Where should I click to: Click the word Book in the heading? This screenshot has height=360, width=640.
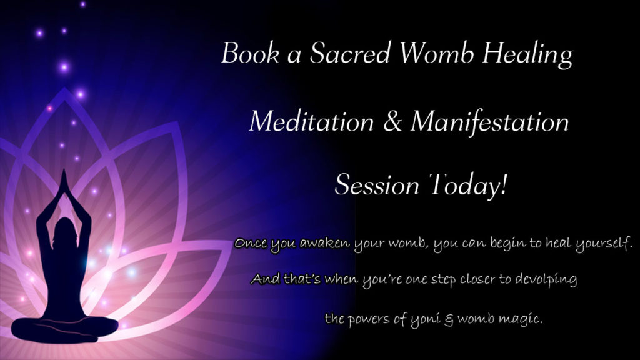pyautogui.click(x=250, y=52)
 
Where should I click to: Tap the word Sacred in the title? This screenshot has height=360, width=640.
pyautogui.click(x=350, y=52)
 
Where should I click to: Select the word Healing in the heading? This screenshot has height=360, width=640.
pyautogui.click(x=528, y=55)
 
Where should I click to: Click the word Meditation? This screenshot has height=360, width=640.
pyautogui.click(x=311, y=121)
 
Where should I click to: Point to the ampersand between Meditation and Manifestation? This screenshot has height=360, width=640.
pyautogui.click(x=392, y=121)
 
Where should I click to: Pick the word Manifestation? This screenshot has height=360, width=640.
pyautogui.click(x=490, y=121)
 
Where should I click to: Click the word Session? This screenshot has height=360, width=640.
pyautogui.click(x=377, y=184)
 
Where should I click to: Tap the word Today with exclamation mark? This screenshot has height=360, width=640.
pyautogui.click(x=468, y=186)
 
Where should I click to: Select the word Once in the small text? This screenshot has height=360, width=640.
pyautogui.click(x=251, y=243)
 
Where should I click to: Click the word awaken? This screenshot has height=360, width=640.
pyautogui.click(x=325, y=243)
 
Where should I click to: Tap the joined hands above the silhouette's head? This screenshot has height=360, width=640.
pyautogui.click(x=64, y=182)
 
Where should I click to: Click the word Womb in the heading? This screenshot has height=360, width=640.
pyautogui.click(x=436, y=52)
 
